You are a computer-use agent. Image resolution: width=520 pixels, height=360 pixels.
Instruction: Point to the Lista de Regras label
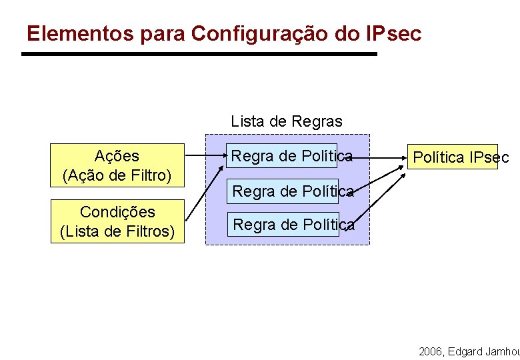[x=287, y=121]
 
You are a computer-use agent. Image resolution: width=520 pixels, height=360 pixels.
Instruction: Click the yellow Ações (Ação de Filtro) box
[x=117, y=166]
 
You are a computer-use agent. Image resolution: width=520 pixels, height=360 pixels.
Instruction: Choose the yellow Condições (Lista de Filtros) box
[x=117, y=221]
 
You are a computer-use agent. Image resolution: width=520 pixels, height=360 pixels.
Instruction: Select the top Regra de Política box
[x=282, y=156]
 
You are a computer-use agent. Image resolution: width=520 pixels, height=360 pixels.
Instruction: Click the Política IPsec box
[x=453, y=157]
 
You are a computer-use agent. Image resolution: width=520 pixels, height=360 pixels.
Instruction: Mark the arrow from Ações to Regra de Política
[x=203, y=159]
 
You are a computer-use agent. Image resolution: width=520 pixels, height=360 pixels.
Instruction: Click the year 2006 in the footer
[x=431, y=351]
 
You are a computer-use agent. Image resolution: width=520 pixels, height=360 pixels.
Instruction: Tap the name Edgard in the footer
[x=467, y=351]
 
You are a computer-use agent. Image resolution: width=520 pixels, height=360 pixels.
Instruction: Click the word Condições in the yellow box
[x=117, y=212]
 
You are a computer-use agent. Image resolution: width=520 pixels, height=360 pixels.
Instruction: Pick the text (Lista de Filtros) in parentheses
[x=117, y=231]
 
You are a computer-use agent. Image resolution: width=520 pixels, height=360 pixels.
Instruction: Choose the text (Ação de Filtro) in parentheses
[x=117, y=176]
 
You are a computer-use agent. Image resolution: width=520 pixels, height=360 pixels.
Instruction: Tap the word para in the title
[x=163, y=33]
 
